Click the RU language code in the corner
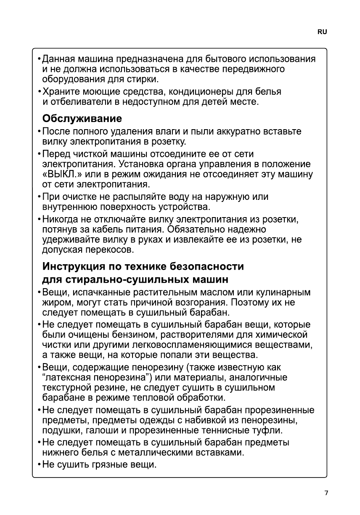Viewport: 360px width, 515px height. pos(322,32)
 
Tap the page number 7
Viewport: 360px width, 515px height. pos(326,493)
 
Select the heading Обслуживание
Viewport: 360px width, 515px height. pos(82,118)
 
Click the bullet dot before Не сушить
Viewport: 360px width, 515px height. pos(39,465)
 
